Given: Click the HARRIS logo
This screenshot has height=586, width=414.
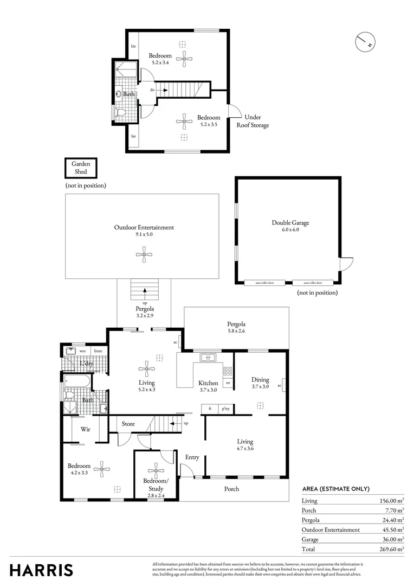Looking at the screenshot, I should pyautogui.click(x=41, y=570).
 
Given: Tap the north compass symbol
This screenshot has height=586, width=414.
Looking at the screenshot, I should pyautogui.click(x=365, y=41).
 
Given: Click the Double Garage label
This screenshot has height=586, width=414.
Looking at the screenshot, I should pyautogui.click(x=290, y=222).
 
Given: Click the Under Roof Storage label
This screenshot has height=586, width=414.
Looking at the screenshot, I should pyautogui.click(x=252, y=121).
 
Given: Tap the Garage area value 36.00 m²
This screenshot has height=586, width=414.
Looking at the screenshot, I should pyautogui.click(x=391, y=539).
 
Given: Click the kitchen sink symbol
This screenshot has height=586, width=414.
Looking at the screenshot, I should pyautogui.click(x=208, y=357).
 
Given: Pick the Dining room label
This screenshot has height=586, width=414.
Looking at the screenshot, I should pyautogui.click(x=260, y=379).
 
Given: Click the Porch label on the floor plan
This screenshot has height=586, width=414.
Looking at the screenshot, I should pyautogui.click(x=231, y=489).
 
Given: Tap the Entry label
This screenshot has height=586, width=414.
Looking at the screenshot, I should pyautogui.click(x=192, y=457).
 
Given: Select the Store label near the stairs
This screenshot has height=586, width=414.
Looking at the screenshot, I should pyautogui.click(x=128, y=424).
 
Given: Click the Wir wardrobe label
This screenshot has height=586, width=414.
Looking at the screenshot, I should pyautogui.click(x=85, y=429).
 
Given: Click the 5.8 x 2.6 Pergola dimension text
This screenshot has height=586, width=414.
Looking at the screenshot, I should pyautogui.click(x=236, y=332).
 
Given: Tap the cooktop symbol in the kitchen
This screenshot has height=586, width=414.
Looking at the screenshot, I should pyautogui.click(x=228, y=372).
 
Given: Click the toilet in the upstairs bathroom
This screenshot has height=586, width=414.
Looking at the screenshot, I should pyautogui.click(x=120, y=112).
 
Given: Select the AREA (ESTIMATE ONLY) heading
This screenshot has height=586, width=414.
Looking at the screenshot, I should pyautogui.click(x=335, y=489).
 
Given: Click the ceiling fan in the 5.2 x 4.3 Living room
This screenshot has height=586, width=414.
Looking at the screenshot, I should pyautogui.click(x=146, y=370).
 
